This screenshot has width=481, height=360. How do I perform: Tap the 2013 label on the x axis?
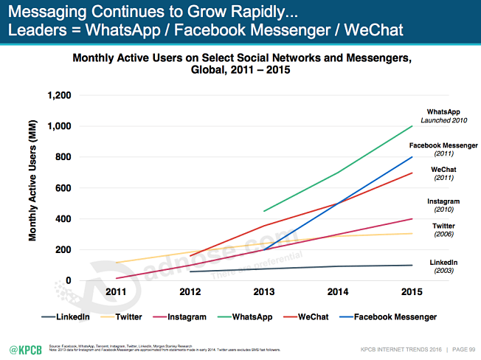263,292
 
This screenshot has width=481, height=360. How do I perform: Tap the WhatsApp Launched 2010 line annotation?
444,116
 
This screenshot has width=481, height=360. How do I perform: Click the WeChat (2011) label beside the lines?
444,173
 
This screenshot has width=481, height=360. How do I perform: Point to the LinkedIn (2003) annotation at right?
444,266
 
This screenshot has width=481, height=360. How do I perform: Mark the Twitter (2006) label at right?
444,229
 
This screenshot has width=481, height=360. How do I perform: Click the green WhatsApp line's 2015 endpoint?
412,126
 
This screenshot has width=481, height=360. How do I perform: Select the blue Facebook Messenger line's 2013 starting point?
263,249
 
